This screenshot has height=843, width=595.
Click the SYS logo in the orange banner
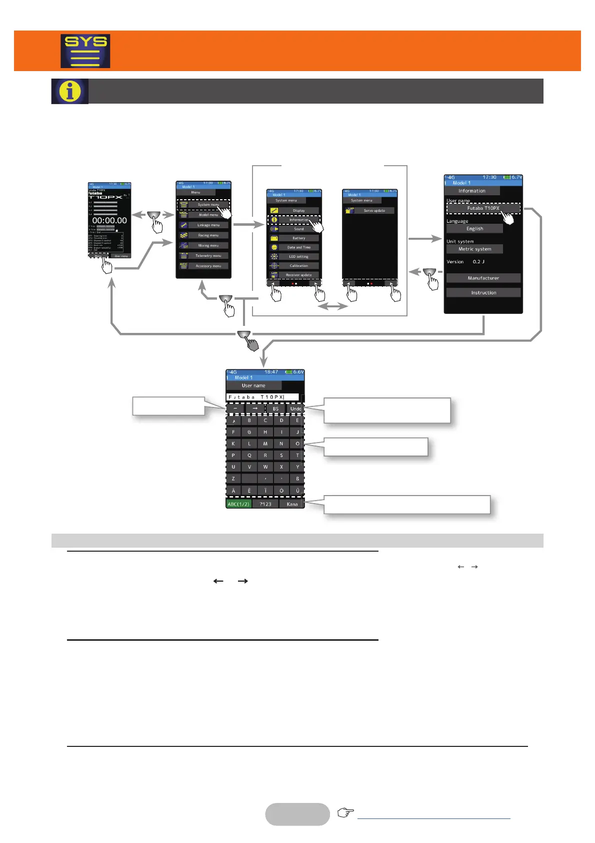(85, 51)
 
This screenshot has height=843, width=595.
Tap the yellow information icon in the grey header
(70, 91)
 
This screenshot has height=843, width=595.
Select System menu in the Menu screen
(208, 205)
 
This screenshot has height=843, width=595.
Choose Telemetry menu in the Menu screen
(208, 256)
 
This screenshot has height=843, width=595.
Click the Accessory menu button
(208, 266)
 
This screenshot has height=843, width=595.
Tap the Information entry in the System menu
(298, 220)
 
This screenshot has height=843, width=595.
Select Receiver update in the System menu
(298, 275)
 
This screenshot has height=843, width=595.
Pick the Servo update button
(374, 211)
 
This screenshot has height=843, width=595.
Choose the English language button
(474, 229)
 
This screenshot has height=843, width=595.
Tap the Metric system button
(474, 249)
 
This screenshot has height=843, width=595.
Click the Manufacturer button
(483, 278)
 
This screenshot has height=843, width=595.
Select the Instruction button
(483, 293)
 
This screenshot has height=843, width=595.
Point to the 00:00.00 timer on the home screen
(109, 220)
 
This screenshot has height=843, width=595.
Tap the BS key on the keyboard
(275, 409)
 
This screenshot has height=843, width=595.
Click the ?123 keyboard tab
(265, 504)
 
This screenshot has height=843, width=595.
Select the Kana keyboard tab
(292, 504)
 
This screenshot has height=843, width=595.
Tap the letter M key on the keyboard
(265, 444)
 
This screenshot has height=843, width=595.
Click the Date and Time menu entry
(298, 247)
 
